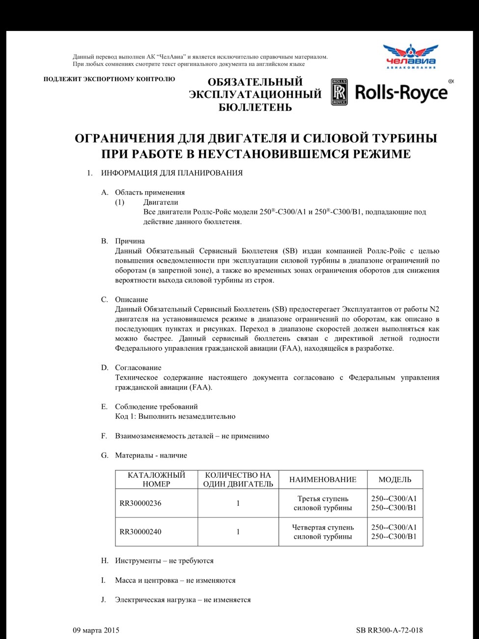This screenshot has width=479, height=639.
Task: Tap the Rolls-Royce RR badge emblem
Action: pos(339,92)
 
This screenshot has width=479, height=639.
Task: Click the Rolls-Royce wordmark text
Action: pos(401,92)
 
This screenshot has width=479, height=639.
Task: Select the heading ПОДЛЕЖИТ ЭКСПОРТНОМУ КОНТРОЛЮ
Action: pos(109,79)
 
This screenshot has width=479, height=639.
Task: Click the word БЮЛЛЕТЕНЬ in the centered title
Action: pos(255,107)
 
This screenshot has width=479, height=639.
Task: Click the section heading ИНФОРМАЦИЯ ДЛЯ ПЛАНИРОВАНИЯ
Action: pos(171,173)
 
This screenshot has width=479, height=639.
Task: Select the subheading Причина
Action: pos(130,241)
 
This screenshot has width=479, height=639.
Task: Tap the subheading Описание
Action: pos(131,300)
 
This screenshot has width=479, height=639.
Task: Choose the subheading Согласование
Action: pos(138,367)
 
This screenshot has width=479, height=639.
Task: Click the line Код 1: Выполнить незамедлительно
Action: pos(175,416)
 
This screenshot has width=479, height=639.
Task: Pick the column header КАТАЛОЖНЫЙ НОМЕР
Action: pos(156,479)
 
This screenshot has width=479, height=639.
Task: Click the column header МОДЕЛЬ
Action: pos(394,479)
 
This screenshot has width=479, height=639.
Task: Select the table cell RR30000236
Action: pos(141,503)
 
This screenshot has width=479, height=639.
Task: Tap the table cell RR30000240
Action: pos(141,532)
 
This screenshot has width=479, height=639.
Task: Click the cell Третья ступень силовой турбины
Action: pos(323,503)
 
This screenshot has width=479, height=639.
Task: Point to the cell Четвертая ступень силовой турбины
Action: pos(323,532)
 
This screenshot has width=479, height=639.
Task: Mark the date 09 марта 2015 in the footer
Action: pos(96,630)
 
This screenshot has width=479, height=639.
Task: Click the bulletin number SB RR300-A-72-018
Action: pos(389,630)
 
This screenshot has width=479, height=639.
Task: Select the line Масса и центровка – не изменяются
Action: pos(175,580)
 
